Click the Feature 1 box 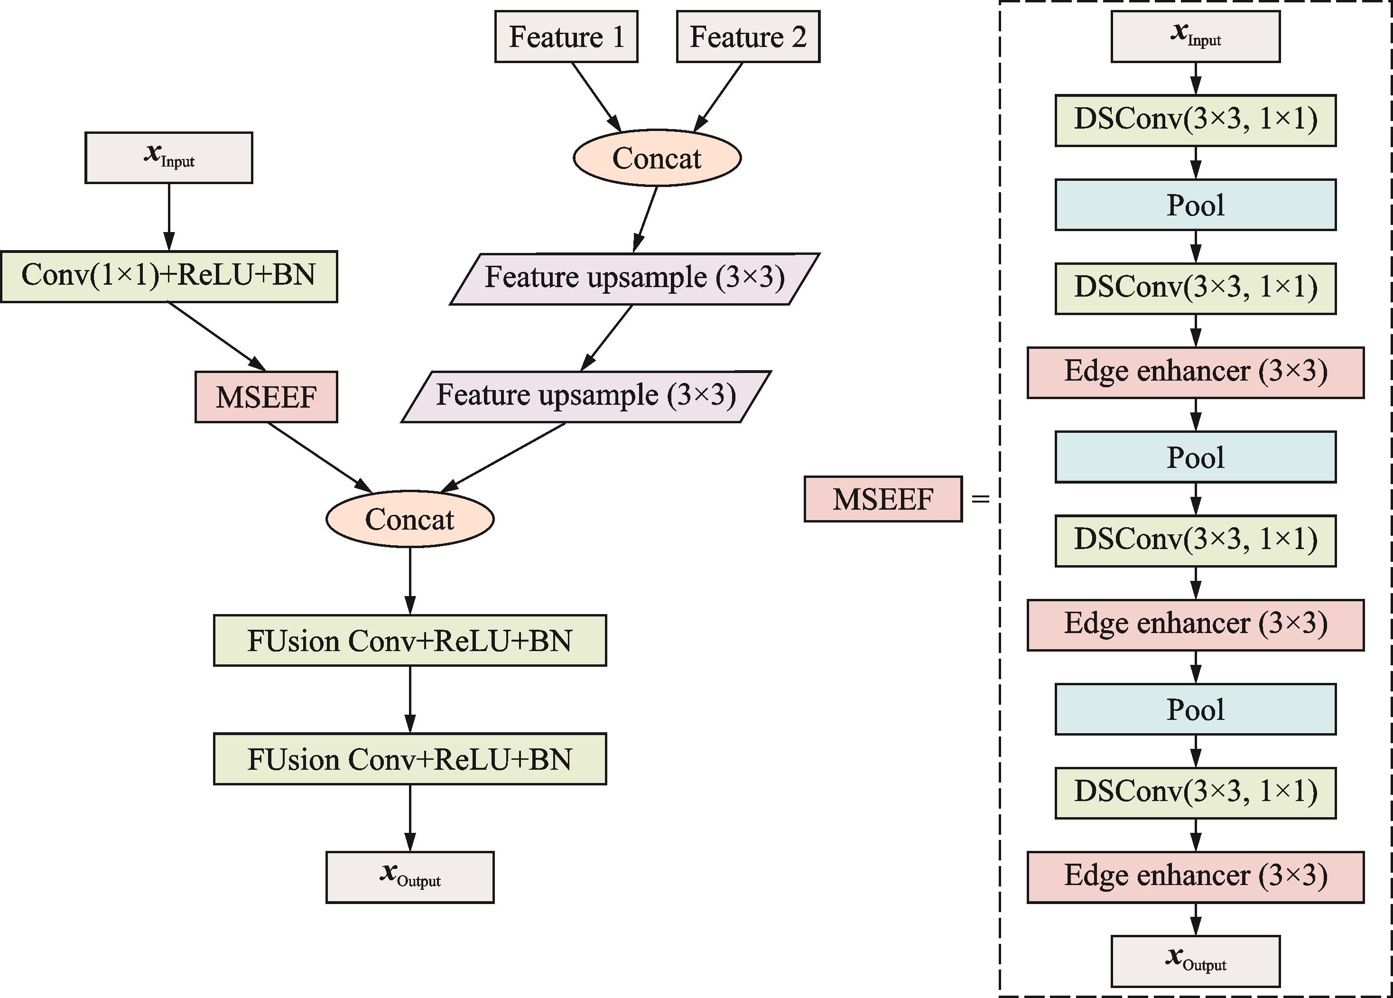566,36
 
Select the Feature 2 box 748,36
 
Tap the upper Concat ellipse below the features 657,158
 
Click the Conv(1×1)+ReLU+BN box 169,276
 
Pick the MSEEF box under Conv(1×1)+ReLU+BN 266,397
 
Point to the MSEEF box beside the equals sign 883,499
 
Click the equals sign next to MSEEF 981,499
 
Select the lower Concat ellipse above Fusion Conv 409,519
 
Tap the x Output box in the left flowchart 409,877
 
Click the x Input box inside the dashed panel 1195,36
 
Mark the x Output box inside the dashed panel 1195,961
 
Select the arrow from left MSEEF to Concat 320,457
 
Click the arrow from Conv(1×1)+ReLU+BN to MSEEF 217,336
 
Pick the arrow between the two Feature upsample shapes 606,338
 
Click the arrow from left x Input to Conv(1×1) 169,217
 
